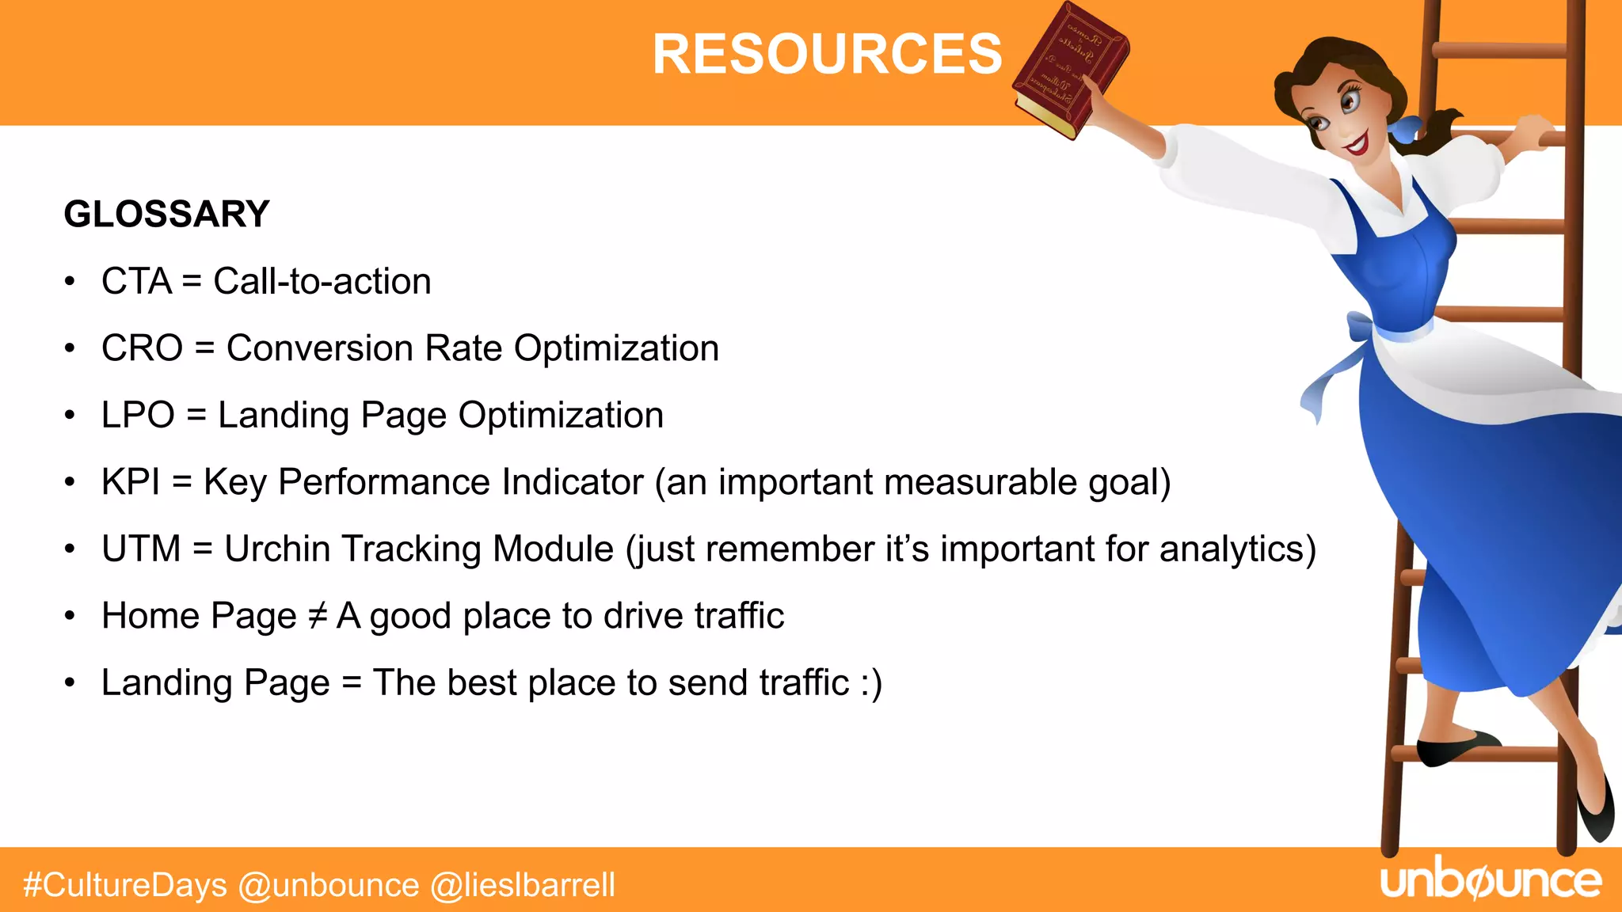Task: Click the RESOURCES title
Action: pyautogui.click(x=827, y=55)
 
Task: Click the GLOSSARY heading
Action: pyautogui.click(x=166, y=215)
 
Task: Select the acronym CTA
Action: pyautogui.click(x=136, y=282)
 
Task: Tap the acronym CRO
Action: pyautogui.click(x=142, y=348)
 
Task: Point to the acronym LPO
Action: pyautogui.click(x=138, y=416)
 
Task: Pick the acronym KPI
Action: pyautogui.click(x=131, y=482)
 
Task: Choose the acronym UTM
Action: pyautogui.click(x=141, y=549)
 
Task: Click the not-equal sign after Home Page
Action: pyautogui.click(x=317, y=616)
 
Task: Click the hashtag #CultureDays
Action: pyautogui.click(x=125, y=885)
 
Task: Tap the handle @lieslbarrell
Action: pyautogui.click(x=523, y=885)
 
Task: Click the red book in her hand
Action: pyautogui.click(x=1070, y=70)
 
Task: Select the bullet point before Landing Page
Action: pyautogui.click(x=70, y=683)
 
